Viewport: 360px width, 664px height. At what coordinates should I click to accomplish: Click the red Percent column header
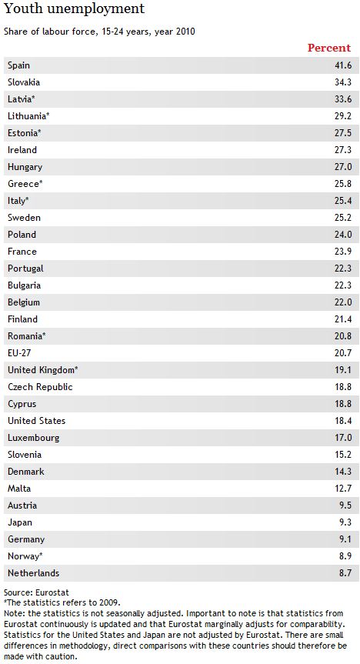pos(329,48)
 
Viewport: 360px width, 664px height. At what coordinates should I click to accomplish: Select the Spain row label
pos(18,65)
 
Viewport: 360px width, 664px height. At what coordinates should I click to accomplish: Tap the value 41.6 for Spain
pos(343,65)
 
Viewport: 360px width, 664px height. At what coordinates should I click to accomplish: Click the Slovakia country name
pos(24,82)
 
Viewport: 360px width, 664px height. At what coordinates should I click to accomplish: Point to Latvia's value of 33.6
pos(343,99)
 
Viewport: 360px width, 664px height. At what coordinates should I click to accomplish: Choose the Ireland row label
pos(22,150)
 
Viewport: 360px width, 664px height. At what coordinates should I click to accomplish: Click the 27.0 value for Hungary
pos(343,167)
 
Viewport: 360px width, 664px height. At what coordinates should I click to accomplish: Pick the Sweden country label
pos(24,218)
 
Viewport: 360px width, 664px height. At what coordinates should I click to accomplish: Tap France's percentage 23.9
pos(343,252)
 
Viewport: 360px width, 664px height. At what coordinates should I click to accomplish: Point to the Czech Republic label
pos(40,387)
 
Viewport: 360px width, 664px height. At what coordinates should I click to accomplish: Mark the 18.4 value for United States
pos(343,421)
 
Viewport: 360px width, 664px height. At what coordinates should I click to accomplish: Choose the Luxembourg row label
pos(33,438)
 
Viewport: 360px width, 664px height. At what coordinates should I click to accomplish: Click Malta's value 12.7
pos(343,489)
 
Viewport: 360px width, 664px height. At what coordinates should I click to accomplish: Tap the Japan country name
pos(20,522)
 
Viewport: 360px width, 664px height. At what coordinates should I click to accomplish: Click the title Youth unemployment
pos(74,8)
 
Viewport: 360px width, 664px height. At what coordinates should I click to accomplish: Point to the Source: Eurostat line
pos(36,592)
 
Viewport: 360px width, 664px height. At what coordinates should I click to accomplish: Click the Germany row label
pos(26,539)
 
